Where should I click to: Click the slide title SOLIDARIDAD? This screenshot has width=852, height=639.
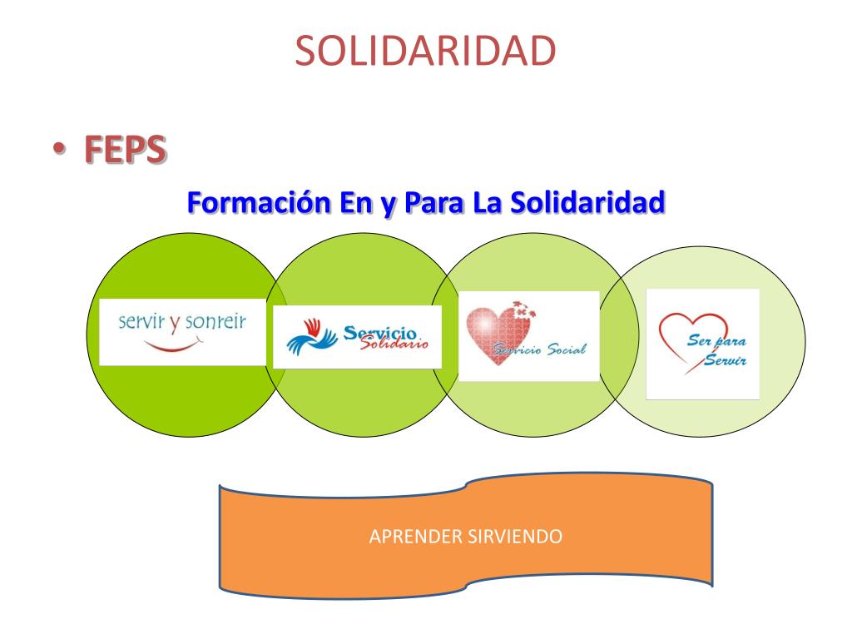point(425,52)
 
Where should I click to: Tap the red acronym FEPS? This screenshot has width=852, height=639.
point(124,150)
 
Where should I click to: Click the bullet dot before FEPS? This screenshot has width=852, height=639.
point(57,150)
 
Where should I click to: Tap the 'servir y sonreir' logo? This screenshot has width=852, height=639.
point(182,330)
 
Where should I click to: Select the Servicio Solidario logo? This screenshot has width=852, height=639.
point(357,337)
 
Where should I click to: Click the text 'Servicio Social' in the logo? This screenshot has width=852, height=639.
point(541,349)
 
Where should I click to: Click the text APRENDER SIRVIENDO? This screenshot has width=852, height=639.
point(465,536)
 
